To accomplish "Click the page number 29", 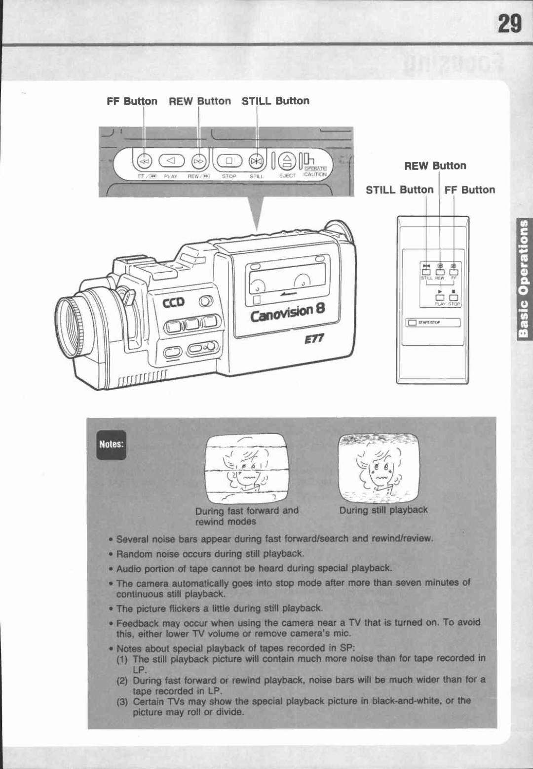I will point(509,24).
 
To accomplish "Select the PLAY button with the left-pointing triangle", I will point(171,161).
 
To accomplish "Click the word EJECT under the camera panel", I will point(287,175).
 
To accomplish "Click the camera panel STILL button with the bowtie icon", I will point(256,161).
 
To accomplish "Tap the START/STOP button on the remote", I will point(432,323).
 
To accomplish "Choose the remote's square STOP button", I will point(454,297).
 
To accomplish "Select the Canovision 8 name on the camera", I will point(288,313).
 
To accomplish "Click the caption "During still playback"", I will point(383,510).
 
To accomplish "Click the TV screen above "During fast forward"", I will point(246,468).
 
